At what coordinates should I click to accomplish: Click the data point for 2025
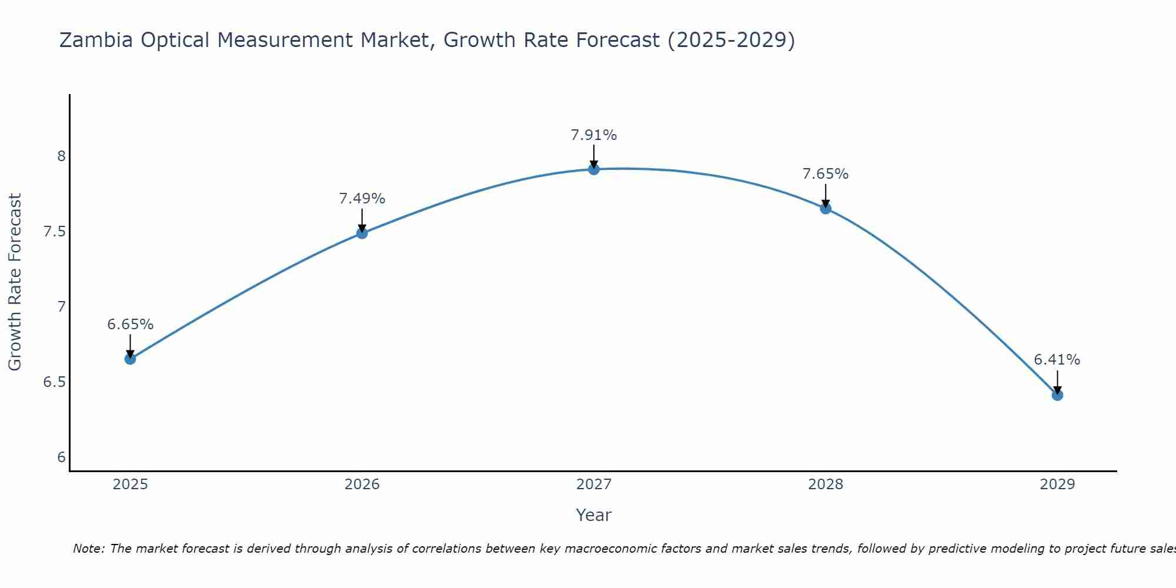pyautogui.click(x=130, y=359)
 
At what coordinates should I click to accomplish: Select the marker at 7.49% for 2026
pyautogui.click(x=362, y=233)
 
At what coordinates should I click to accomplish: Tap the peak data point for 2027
pyautogui.click(x=594, y=169)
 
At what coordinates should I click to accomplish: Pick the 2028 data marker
pyautogui.click(x=826, y=208)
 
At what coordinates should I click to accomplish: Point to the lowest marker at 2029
pyautogui.click(x=1057, y=395)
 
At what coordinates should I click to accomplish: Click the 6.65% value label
pyautogui.click(x=130, y=325)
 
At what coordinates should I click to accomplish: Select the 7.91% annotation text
pyautogui.click(x=594, y=135)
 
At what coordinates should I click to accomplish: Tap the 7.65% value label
pyautogui.click(x=826, y=174)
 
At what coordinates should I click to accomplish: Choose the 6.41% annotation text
pyautogui.click(x=1057, y=360)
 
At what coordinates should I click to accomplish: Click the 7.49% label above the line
pyautogui.click(x=362, y=199)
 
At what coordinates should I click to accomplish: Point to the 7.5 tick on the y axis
pyautogui.click(x=54, y=232)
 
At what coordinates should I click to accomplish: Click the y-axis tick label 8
pyautogui.click(x=61, y=156)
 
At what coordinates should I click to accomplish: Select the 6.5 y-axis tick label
pyautogui.click(x=54, y=382)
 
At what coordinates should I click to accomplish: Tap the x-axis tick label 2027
pyautogui.click(x=594, y=485)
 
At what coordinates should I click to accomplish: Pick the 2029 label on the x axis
pyautogui.click(x=1057, y=485)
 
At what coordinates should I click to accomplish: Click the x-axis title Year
pyautogui.click(x=594, y=515)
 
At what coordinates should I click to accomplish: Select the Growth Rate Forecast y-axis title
pyautogui.click(x=15, y=282)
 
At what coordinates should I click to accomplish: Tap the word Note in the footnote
pyautogui.click(x=88, y=549)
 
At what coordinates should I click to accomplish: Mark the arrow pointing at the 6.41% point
pyautogui.click(x=1057, y=382)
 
